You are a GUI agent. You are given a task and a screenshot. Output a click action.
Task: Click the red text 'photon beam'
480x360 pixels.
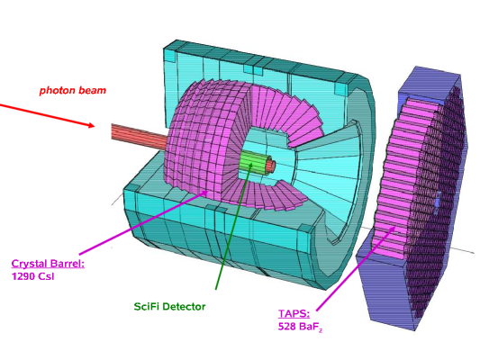(x=73, y=91)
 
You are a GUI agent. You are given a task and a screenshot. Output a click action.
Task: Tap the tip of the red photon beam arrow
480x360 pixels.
(x=95, y=126)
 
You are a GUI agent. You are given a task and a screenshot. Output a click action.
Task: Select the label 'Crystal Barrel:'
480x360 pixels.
(x=48, y=264)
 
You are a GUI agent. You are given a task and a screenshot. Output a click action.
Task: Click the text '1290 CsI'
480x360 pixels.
(x=32, y=276)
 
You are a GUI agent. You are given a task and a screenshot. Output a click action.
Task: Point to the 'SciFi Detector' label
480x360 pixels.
(x=169, y=307)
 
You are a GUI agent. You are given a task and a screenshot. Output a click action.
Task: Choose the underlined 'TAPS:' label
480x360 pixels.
(x=294, y=313)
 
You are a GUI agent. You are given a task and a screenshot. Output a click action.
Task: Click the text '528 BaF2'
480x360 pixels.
(x=300, y=327)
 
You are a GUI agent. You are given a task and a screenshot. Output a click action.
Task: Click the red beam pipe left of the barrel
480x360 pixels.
(x=140, y=137)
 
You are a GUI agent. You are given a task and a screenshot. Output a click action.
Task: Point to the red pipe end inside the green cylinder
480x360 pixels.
(x=270, y=166)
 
